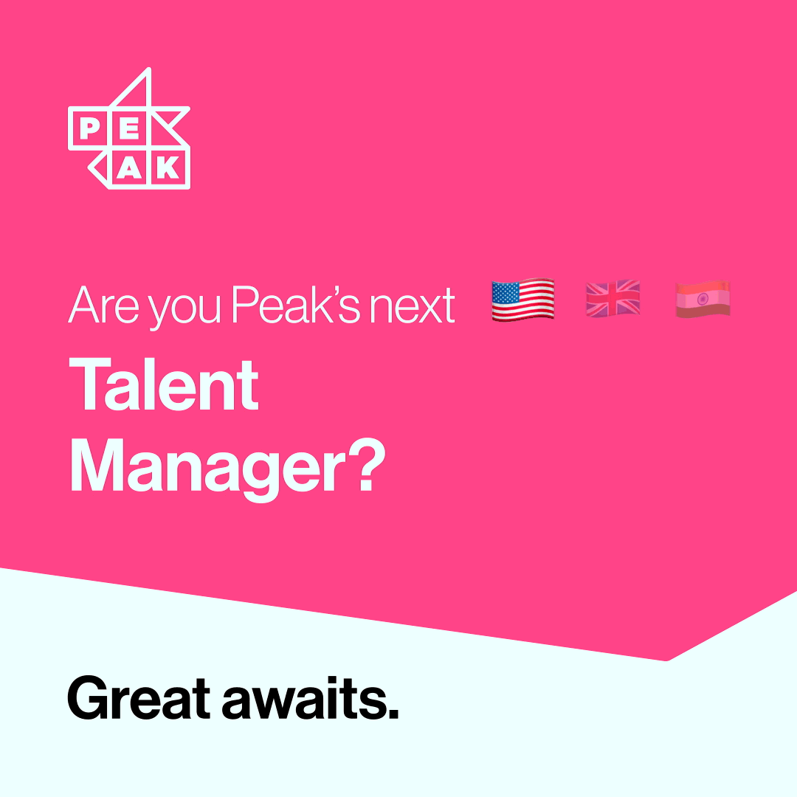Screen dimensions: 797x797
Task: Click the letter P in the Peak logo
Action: [x=89, y=128]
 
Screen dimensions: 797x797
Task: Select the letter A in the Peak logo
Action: [x=129, y=168]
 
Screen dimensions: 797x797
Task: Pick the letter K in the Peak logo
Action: [x=169, y=168]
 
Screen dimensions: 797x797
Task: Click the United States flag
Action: [x=522, y=300]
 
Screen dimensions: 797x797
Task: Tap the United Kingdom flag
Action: [x=613, y=300]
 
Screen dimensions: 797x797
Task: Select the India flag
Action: [x=703, y=300]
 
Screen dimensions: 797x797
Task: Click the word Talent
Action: [x=165, y=386]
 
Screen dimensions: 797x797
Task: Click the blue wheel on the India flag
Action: [x=702, y=300]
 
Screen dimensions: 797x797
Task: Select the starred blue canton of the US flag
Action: [x=506, y=291]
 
